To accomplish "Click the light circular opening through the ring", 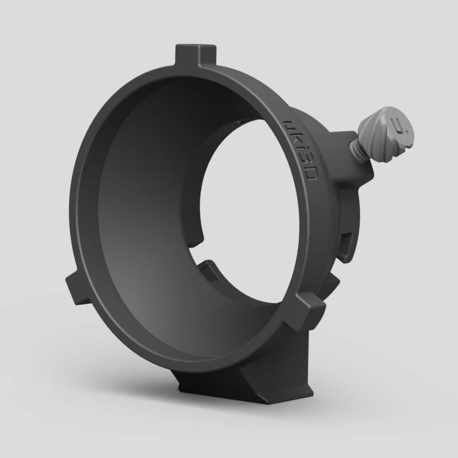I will coord(246,195).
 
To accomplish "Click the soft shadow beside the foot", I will coord(343,395).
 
